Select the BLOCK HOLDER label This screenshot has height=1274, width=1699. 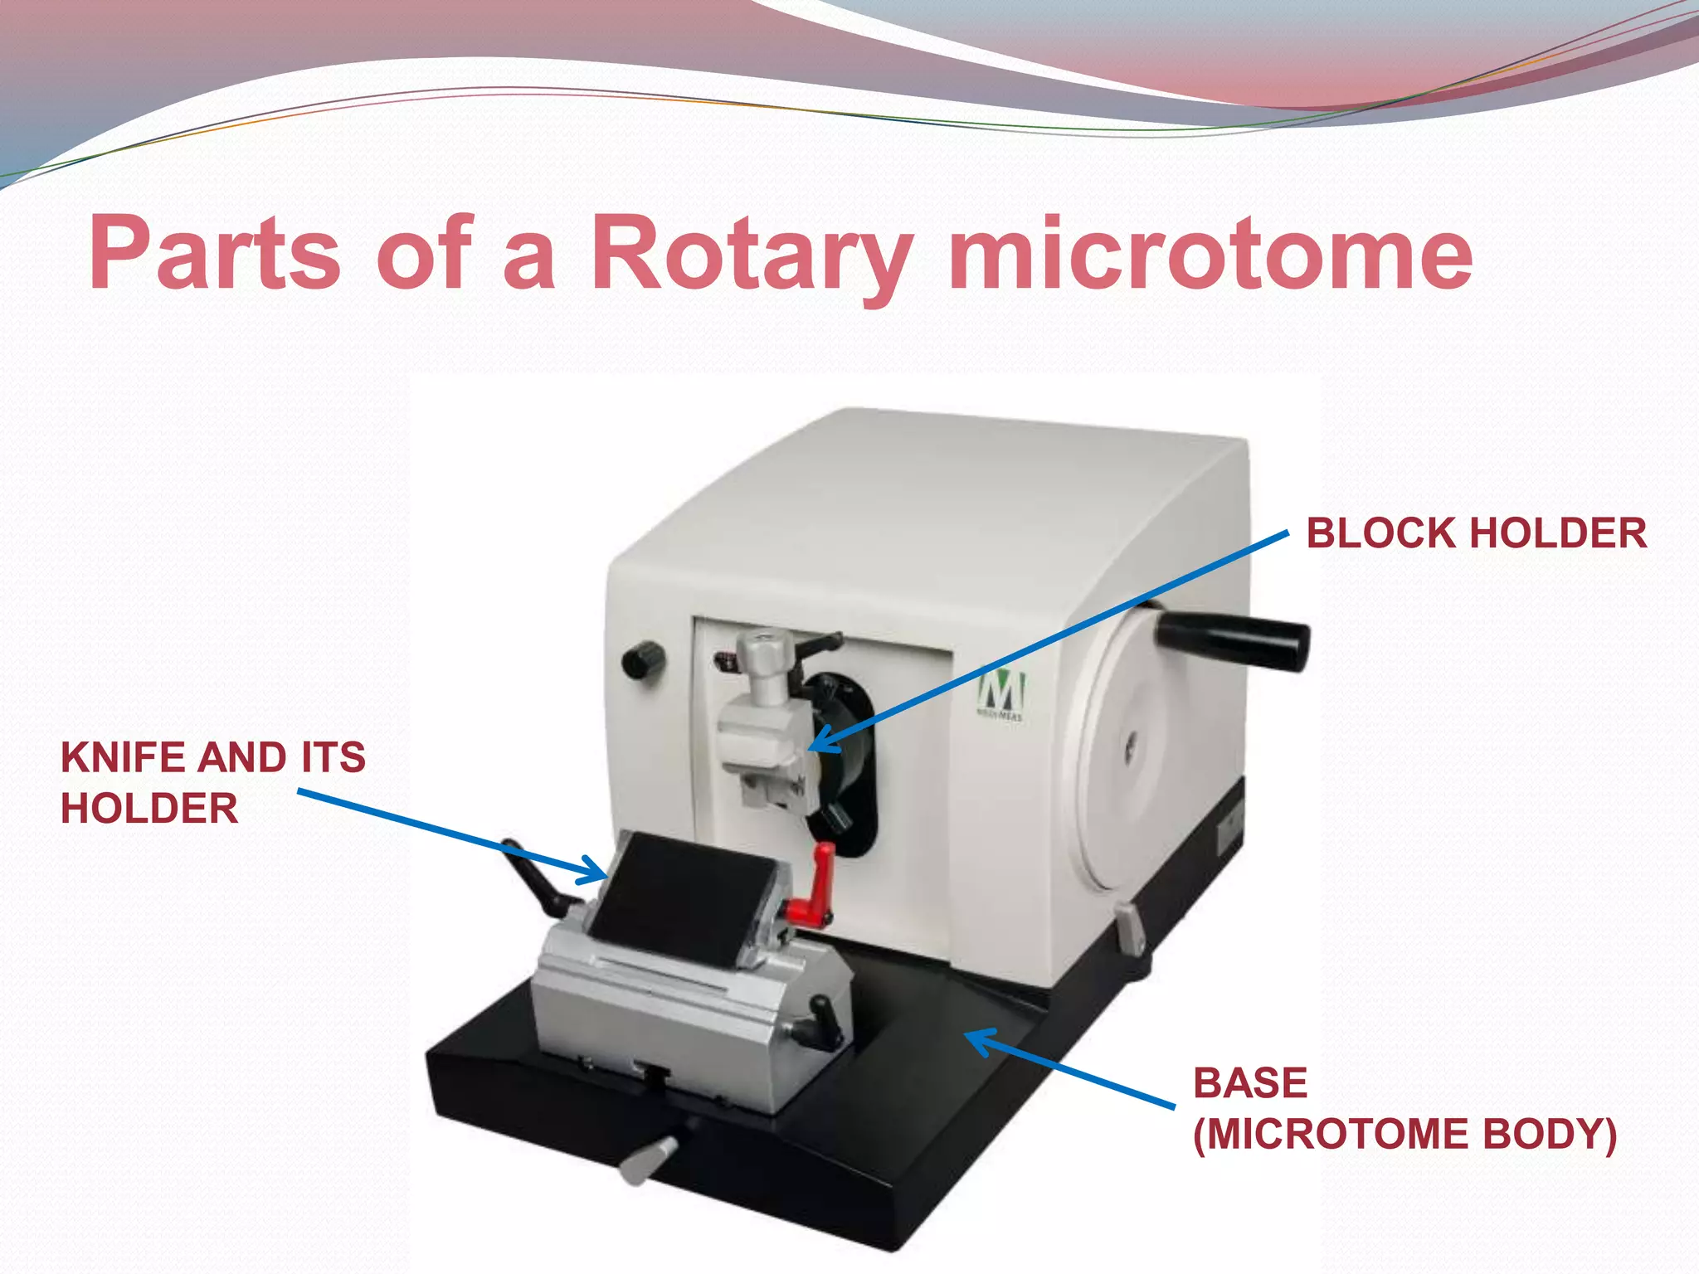click(1476, 533)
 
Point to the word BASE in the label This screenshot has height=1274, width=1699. click(1249, 1083)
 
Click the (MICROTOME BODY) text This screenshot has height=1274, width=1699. click(1404, 1135)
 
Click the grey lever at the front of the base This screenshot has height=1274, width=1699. click(649, 1158)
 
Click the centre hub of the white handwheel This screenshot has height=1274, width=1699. click(1128, 751)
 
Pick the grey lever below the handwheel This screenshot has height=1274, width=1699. click(1129, 929)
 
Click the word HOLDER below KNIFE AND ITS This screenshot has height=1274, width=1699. click(149, 809)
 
